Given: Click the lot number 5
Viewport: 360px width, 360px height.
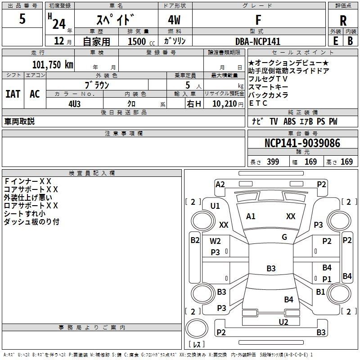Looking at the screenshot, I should pos(22,19).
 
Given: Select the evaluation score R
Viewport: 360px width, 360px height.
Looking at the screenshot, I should pos(343,20).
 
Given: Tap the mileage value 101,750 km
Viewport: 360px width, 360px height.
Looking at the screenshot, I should pos(53,64).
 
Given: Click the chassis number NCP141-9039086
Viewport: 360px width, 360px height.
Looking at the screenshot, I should pos(302,143).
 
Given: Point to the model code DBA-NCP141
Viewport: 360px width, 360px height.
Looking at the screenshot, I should pos(258,41).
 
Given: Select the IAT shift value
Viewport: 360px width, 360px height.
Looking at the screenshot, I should pos(13,94).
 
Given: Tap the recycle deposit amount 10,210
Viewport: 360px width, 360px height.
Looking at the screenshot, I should pos(224,103).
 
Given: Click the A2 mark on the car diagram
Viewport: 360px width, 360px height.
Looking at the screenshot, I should pos(220,184).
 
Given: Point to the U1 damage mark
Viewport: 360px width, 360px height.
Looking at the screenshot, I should pos(215,206).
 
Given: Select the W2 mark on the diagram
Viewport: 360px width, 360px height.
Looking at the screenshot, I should pos(216,241).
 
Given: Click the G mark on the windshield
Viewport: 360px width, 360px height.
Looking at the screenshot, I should pos(284,237).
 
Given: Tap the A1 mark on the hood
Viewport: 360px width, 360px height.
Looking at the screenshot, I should pos(251,216).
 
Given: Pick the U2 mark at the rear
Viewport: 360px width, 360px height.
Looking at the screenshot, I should pos(283,322).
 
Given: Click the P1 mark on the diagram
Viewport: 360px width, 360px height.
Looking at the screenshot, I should pos(327,279).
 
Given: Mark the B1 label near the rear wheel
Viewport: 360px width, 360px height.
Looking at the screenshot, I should pos(320,292).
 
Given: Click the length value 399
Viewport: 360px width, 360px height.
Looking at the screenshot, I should pos(273,162).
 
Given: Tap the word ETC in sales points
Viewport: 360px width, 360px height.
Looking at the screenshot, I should pos(258,103).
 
